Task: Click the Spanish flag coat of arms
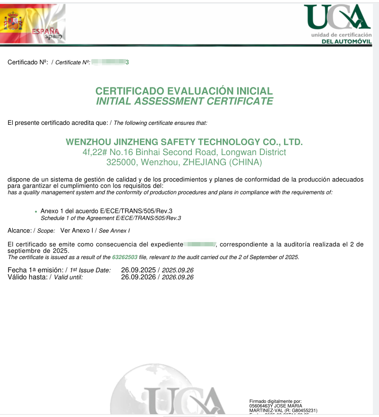(x=14, y=21)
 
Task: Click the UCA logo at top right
(x=336, y=17)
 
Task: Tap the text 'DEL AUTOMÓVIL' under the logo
(x=346, y=42)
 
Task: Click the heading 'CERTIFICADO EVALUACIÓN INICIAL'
(x=184, y=91)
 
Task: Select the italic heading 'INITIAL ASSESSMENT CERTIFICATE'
(x=184, y=101)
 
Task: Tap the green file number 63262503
(x=125, y=257)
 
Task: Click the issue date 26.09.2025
(x=138, y=270)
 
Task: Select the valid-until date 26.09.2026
(x=138, y=277)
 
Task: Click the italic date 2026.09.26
(x=178, y=277)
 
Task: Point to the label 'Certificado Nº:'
(x=27, y=62)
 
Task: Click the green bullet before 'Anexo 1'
(x=36, y=211)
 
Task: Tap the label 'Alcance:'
(x=20, y=230)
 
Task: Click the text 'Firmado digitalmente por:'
(x=275, y=401)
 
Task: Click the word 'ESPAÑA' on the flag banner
(x=43, y=31)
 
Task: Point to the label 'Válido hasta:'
(x=27, y=277)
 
